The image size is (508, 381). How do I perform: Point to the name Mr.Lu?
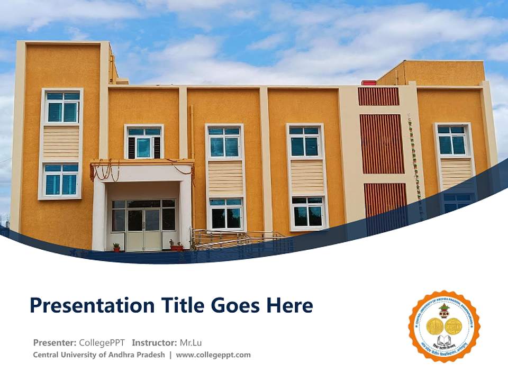tap(189, 342)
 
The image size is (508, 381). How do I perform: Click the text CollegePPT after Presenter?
tap(103, 342)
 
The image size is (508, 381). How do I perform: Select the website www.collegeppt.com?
tap(213, 355)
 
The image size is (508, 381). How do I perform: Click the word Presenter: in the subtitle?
tap(55, 342)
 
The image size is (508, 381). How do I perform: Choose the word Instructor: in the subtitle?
tap(155, 342)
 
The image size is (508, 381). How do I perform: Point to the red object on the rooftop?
tap(368, 83)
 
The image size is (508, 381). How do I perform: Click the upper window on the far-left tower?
tap(62, 107)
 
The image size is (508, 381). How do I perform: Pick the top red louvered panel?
tap(378, 97)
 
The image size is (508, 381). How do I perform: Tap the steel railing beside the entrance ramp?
tap(233, 239)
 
